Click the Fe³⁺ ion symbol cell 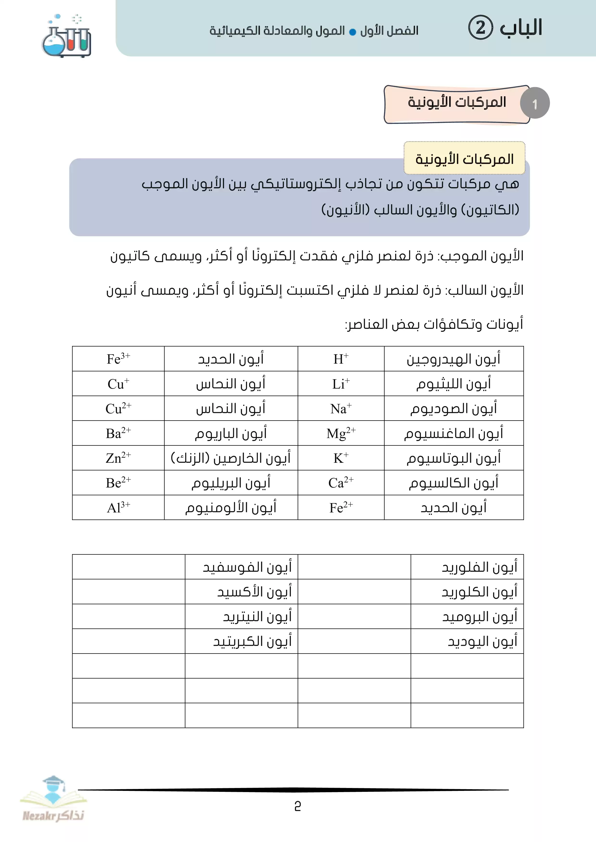pyautogui.click(x=118, y=359)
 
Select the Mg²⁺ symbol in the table pyautogui.click(x=341, y=433)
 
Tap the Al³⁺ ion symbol pyautogui.click(x=118, y=508)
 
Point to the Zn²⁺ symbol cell pyautogui.click(x=118, y=458)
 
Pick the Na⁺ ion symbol pyautogui.click(x=341, y=409)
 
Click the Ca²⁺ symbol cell pyautogui.click(x=341, y=483)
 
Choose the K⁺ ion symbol pyautogui.click(x=341, y=458)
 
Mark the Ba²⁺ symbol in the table pyautogui.click(x=118, y=433)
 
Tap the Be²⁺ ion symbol pyautogui.click(x=118, y=483)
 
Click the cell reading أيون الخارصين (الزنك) pyautogui.click(x=231, y=458)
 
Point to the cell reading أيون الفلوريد pyautogui.click(x=479, y=567)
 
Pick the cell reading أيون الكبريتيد pyautogui.click(x=252, y=641)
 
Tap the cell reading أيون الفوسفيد pyautogui.click(x=247, y=567)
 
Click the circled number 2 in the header pyautogui.click(x=480, y=28)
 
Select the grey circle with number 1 pyautogui.click(x=535, y=103)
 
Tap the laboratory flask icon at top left pyautogui.click(x=66, y=37)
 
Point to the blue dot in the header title pyautogui.click(x=352, y=32)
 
